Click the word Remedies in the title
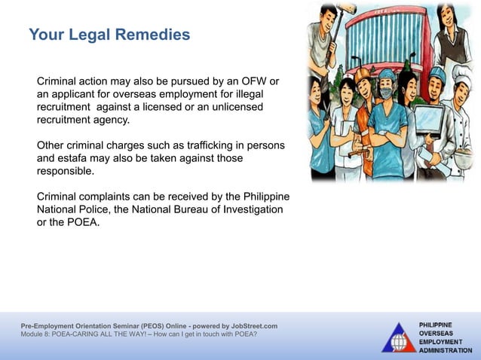click(x=154, y=35)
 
